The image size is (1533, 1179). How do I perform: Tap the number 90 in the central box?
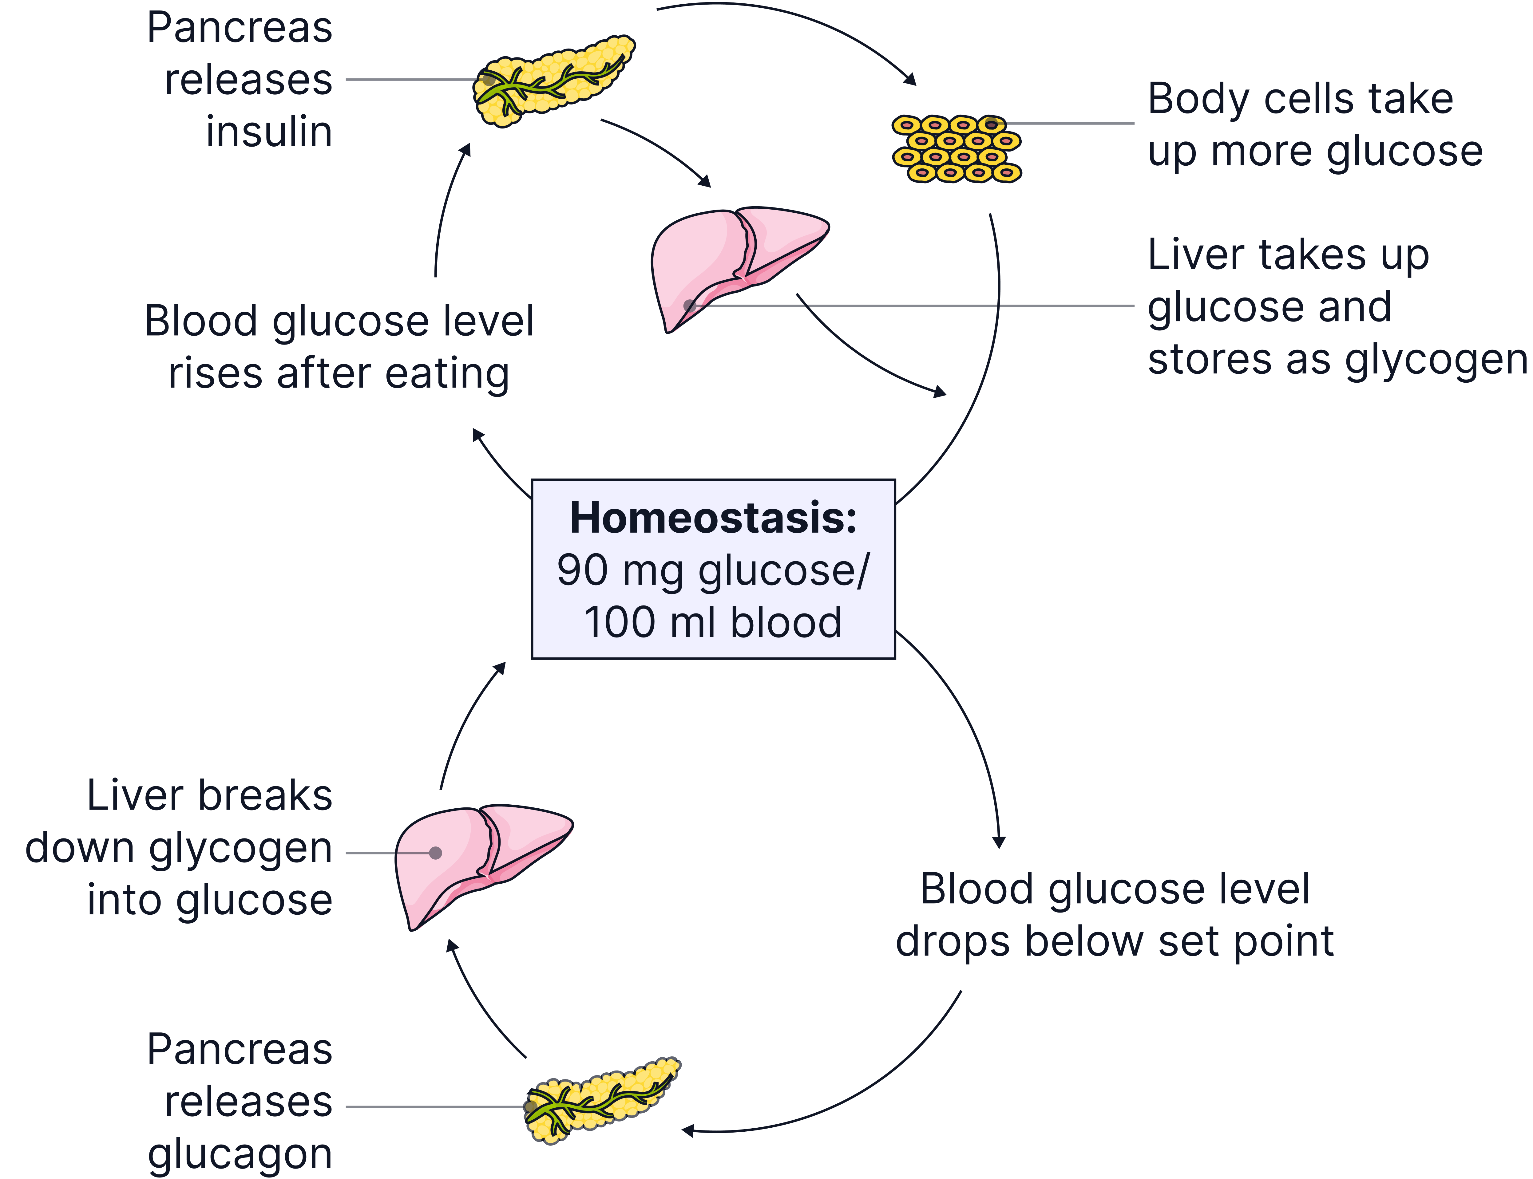(583, 570)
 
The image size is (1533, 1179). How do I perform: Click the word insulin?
(269, 132)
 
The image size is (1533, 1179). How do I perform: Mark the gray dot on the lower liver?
(435, 853)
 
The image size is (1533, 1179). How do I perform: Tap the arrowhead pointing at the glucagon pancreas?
(688, 1130)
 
